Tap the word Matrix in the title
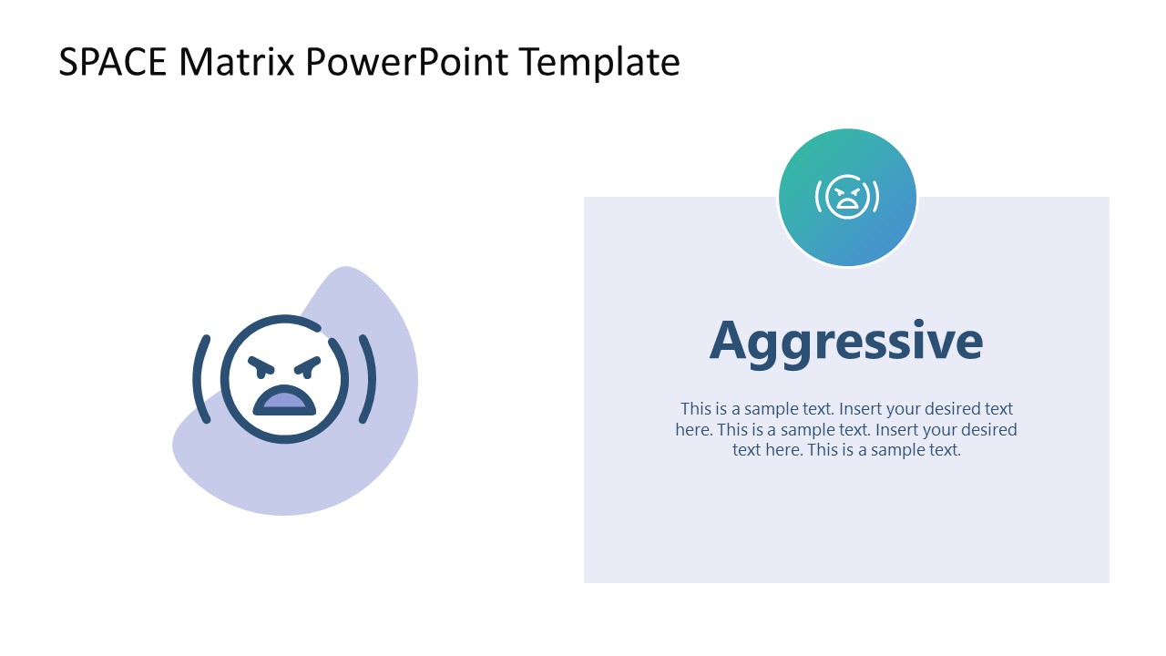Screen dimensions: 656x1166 click(236, 63)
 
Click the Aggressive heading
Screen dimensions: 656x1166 click(846, 342)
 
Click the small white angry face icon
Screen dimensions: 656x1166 click(847, 197)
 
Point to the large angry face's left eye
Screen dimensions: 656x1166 click(261, 367)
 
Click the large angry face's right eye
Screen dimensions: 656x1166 click(308, 367)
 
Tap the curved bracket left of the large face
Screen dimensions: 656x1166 click(201, 379)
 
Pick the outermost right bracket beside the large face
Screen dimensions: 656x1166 click(368, 379)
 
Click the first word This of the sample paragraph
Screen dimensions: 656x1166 click(696, 409)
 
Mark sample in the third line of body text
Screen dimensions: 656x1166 click(897, 450)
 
